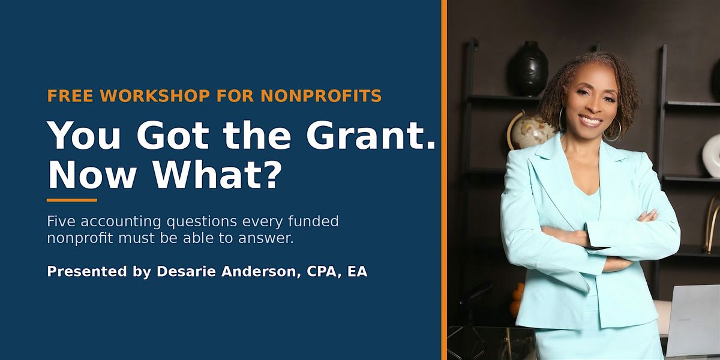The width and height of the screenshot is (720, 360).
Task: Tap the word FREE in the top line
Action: coord(70,96)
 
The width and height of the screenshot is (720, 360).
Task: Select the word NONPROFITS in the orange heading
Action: coord(321,96)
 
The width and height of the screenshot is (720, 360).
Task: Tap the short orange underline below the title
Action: coord(71,200)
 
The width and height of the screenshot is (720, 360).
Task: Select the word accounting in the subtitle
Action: coord(121,222)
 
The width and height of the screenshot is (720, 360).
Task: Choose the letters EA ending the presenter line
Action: coord(357,271)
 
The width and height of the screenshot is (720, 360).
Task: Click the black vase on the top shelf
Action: coord(528,68)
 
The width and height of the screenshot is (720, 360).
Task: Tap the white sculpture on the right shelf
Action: coord(711,156)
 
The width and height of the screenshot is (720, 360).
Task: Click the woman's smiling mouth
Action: coord(590,121)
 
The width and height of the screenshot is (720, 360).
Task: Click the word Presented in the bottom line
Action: coord(87,271)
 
